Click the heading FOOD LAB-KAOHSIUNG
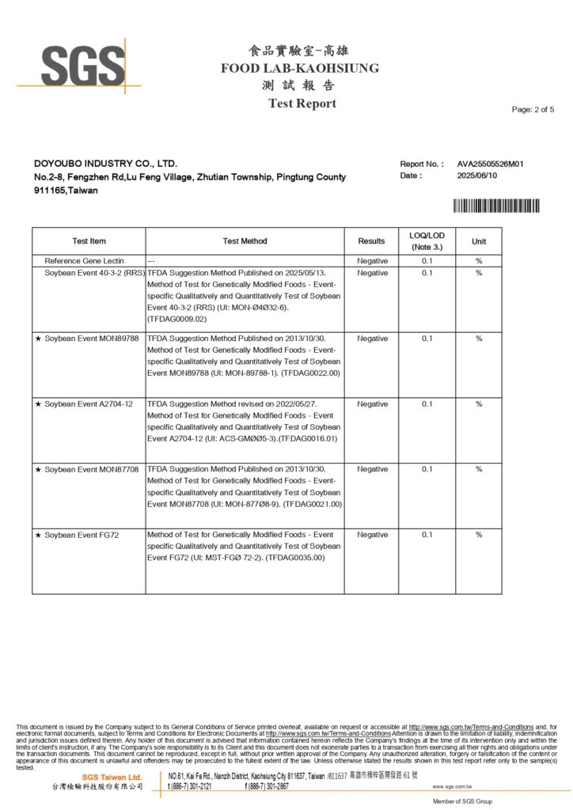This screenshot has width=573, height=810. (300, 68)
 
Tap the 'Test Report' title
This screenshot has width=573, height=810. (302, 104)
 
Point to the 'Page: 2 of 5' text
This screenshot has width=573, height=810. (533, 109)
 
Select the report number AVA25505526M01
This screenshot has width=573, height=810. (491, 164)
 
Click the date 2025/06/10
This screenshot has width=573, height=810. (477, 176)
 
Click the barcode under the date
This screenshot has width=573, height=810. (496, 206)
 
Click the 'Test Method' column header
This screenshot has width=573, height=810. (245, 241)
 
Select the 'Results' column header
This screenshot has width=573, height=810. (371, 241)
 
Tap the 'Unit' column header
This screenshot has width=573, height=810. (479, 241)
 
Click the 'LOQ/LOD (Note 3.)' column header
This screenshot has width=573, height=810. (427, 241)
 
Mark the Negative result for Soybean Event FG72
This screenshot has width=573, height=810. (372, 535)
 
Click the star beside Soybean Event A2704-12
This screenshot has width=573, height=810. (38, 404)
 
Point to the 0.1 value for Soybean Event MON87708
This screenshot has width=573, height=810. (427, 469)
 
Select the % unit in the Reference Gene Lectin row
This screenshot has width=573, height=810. (479, 260)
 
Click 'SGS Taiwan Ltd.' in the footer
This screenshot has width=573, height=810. (112, 778)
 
